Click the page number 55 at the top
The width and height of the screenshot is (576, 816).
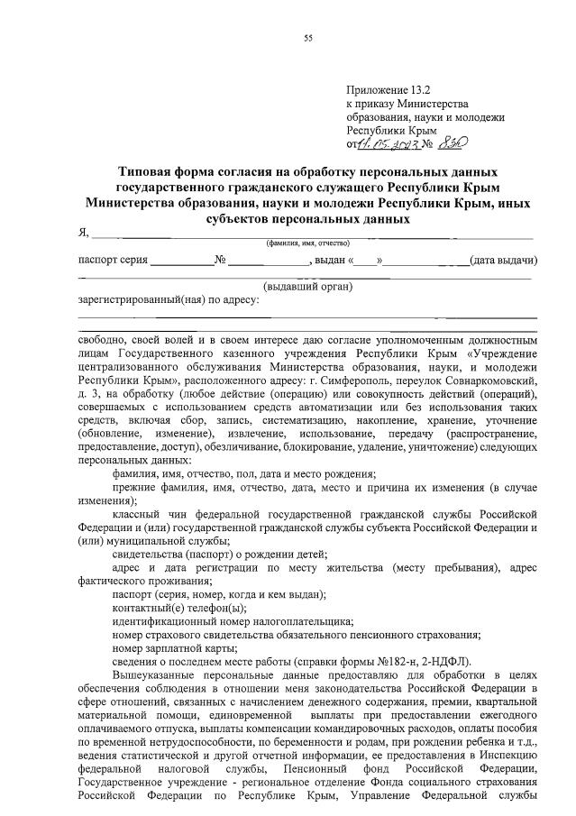coord(308,37)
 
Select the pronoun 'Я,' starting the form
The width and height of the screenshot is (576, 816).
coord(84,234)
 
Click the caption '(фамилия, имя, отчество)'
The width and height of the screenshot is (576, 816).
coord(306,244)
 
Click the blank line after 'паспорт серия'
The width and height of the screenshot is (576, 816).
coord(181,262)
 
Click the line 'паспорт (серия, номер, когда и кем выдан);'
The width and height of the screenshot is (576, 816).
coord(219,595)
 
